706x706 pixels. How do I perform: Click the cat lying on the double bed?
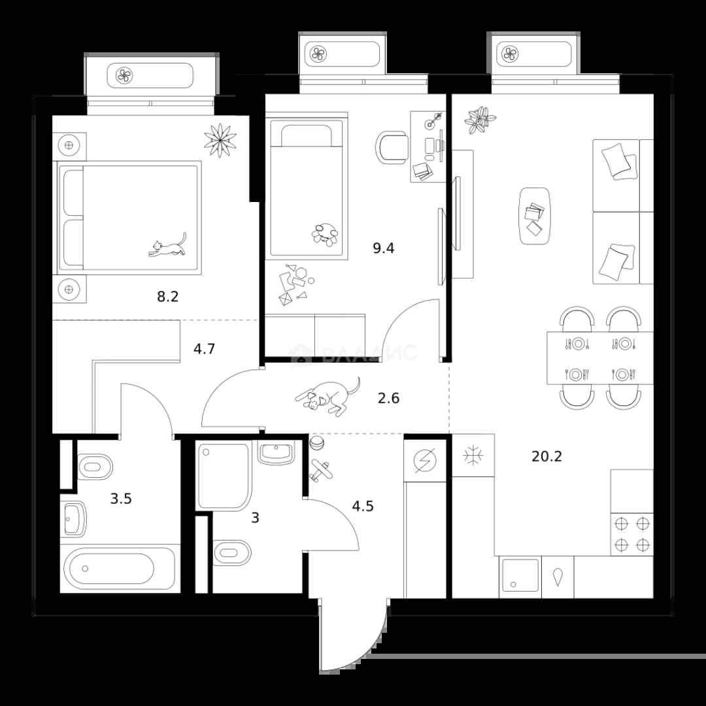tap(167, 246)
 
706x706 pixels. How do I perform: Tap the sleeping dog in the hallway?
tap(328, 395)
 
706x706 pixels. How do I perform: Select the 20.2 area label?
tap(546, 456)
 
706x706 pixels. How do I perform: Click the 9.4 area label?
tap(384, 248)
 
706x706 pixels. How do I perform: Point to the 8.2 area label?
tap(167, 297)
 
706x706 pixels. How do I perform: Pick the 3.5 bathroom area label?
tap(121, 499)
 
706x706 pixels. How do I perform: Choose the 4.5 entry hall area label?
tap(363, 506)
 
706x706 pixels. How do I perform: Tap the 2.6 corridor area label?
tap(388, 399)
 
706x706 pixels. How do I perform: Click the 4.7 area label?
tap(204, 349)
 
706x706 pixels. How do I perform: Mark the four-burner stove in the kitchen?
tap(632, 535)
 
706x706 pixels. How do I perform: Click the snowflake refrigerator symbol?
tap(473, 455)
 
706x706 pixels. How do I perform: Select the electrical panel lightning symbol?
tap(425, 461)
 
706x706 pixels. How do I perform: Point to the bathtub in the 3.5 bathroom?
tap(120, 568)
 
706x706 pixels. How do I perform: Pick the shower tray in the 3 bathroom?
tap(222, 477)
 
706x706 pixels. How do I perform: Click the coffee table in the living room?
tap(535, 216)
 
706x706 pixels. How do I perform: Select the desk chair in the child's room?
tap(392, 147)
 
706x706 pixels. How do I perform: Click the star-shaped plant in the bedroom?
tap(220, 141)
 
